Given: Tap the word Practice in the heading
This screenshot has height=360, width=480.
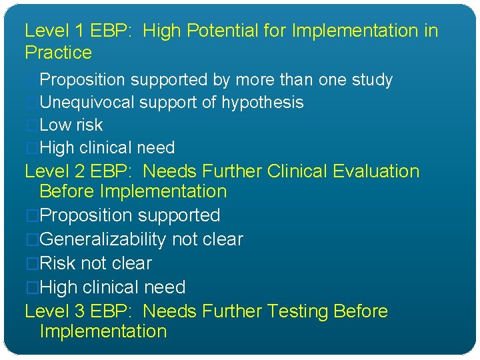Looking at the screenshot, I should (x=58, y=53).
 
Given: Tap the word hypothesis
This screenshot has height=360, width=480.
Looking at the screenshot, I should (x=262, y=103).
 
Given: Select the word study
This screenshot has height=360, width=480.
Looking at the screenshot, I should (x=371, y=80).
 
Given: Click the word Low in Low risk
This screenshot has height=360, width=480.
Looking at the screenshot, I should (x=55, y=125).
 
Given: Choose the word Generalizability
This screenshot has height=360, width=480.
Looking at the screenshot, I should (x=103, y=239).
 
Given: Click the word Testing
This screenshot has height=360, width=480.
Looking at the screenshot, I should (x=297, y=311).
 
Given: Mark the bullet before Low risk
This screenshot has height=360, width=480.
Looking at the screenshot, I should (x=31, y=125).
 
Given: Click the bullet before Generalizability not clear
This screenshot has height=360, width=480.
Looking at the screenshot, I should (x=31, y=239).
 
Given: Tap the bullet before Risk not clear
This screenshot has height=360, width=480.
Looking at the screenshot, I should (x=31, y=263).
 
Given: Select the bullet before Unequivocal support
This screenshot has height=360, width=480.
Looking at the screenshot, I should (x=31, y=103).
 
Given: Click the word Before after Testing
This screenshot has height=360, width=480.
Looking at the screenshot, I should (x=361, y=311).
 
